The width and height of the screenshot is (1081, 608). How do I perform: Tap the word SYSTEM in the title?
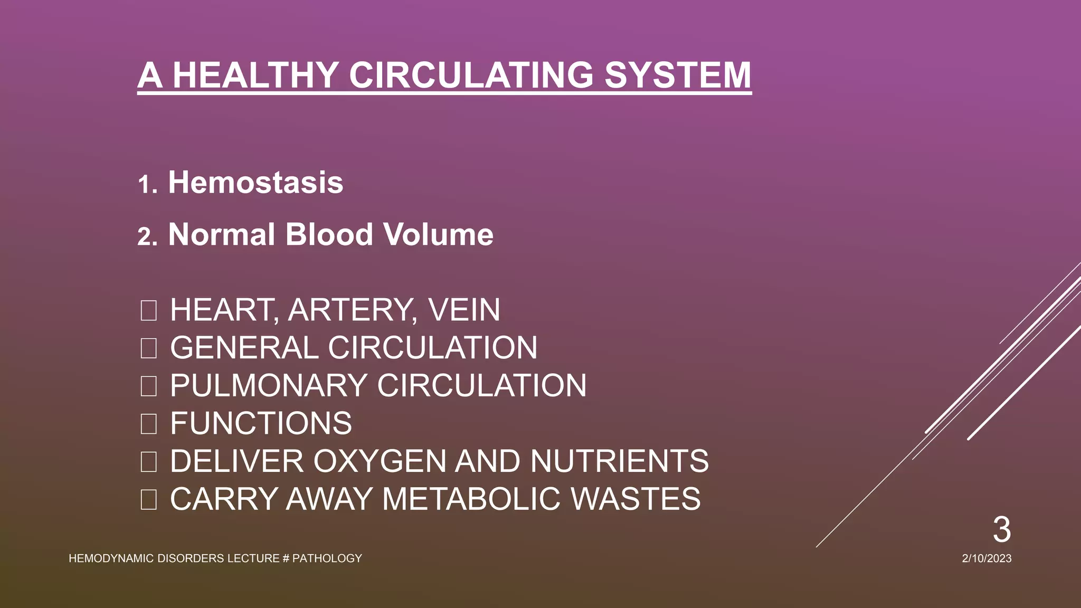[678, 75]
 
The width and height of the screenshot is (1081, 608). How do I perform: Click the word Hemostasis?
[255, 183]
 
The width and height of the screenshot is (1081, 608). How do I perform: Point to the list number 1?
[146, 185]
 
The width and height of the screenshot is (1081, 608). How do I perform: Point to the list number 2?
[147, 237]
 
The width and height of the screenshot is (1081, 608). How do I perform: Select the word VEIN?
[464, 310]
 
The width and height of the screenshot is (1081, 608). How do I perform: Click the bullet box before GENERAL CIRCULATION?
[148, 348]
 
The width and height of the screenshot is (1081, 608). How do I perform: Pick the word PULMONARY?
[268, 385]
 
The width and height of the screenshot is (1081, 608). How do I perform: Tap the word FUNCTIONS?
[261, 423]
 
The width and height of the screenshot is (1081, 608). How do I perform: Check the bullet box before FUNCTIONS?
[148, 424]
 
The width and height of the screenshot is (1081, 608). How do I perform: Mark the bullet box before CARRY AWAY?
[148, 499]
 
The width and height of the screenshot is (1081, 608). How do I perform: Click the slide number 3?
[1001, 529]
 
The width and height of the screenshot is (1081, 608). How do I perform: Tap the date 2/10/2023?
[987, 558]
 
